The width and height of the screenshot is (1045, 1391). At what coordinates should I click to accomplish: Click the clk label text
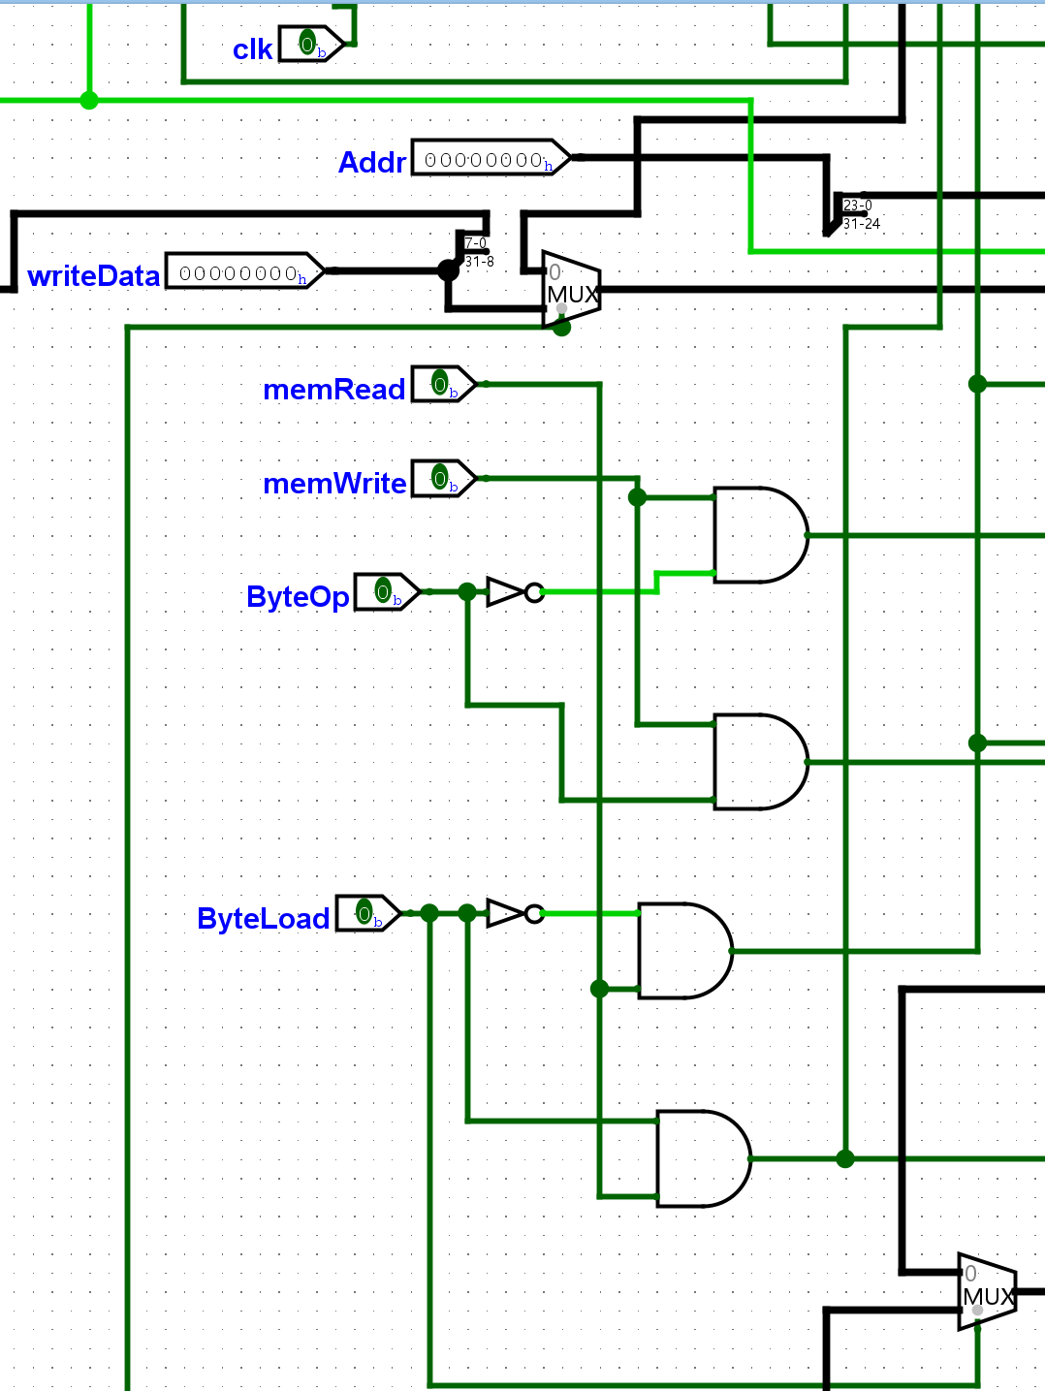252,49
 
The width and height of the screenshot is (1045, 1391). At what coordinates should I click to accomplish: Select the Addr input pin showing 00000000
490,158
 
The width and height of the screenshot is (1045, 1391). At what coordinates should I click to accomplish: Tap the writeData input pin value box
243,271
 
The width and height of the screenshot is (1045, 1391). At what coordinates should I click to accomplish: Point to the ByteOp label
298,596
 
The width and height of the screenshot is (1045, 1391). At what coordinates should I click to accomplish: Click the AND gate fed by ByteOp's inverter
759,535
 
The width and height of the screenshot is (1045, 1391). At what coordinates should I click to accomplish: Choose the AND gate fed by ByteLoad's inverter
683,951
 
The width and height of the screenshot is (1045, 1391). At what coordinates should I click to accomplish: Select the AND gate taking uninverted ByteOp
759,762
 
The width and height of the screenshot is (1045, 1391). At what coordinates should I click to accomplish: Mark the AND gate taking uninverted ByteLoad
702,1158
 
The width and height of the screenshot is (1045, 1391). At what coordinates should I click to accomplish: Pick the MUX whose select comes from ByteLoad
987,1292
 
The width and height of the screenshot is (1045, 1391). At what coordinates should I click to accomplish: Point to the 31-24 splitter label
861,224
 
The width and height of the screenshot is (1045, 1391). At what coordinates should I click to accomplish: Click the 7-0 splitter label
476,243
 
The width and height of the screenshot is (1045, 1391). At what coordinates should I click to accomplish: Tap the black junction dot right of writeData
448,270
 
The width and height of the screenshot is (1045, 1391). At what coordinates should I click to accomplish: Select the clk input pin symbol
310,44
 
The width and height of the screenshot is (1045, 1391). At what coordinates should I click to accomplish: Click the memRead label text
334,389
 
